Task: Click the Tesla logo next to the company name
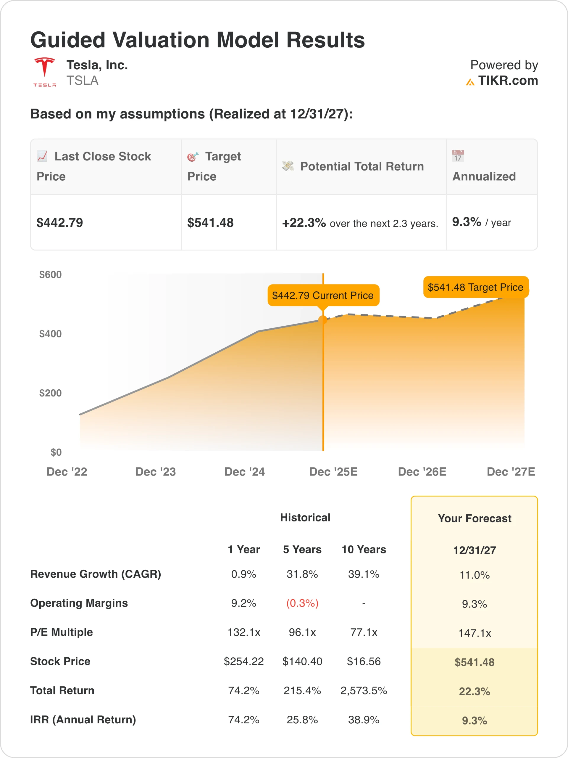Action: [x=44, y=72]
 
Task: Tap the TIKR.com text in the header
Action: [x=508, y=81]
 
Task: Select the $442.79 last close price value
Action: [x=60, y=223]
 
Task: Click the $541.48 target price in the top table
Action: [x=210, y=223]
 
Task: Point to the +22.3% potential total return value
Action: [x=304, y=223]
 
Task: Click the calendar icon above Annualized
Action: [x=458, y=156]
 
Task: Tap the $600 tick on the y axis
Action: [x=50, y=274]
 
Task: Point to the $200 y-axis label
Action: [x=50, y=393]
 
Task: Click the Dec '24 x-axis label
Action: [x=244, y=472]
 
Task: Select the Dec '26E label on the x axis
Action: [x=422, y=472]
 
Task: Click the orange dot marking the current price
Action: [x=322, y=320]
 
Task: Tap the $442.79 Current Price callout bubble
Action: [x=323, y=296]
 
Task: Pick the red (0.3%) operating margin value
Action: [x=302, y=603]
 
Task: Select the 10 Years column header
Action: [x=364, y=550]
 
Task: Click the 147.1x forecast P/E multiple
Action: [x=475, y=633]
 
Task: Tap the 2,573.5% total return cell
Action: [x=364, y=690]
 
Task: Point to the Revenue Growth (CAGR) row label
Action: [x=96, y=574]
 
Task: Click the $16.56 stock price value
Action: [x=364, y=661]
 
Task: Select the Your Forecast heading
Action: [x=475, y=518]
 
